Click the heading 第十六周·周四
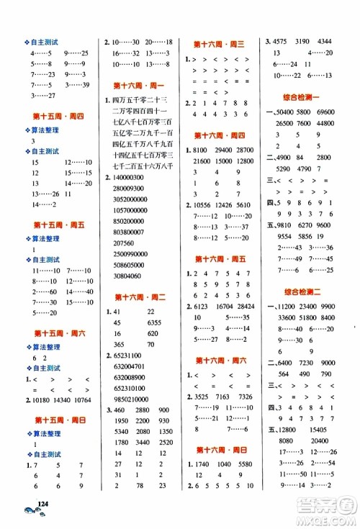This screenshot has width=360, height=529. pos(220,135)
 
